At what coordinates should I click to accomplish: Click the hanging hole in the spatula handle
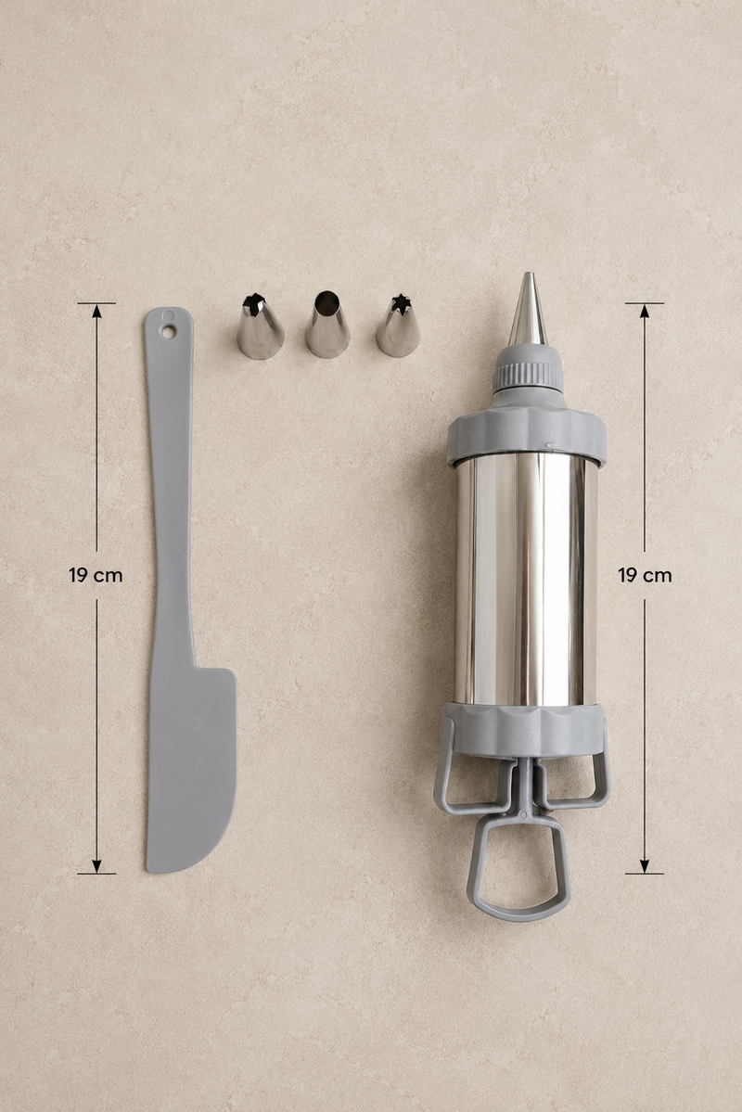pyautogui.click(x=168, y=331)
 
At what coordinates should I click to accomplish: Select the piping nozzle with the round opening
pyautogui.click(x=327, y=324)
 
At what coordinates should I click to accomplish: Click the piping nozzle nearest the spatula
pyautogui.click(x=260, y=327)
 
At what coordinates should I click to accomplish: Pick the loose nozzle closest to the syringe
pyautogui.click(x=398, y=326)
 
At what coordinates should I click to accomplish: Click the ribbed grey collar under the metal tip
pyautogui.click(x=528, y=369)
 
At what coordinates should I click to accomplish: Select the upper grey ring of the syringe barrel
pyautogui.click(x=526, y=434)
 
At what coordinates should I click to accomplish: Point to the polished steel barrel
pyautogui.click(x=526, y=582)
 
